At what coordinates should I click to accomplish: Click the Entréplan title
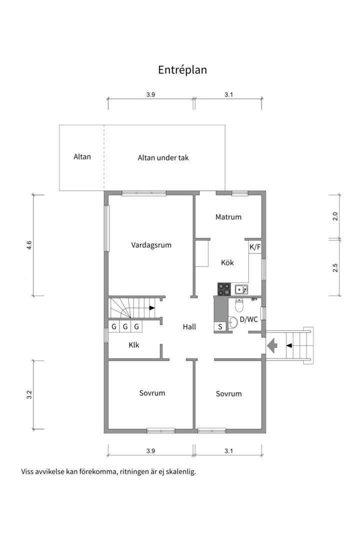tap(182, 70)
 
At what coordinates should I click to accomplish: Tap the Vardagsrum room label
tap(151, 245)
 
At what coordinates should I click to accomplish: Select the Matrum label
tap(228, 217)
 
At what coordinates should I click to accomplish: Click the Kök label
tap(227, 263)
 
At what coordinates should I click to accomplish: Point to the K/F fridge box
tap(255, 247)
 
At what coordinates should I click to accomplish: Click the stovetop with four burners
tap(224, 289)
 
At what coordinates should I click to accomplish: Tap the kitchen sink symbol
tap(241, 289)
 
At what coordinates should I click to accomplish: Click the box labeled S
tap(220, 326)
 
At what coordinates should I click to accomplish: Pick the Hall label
tap(189, 327)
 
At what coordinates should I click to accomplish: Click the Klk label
tap(134, 344)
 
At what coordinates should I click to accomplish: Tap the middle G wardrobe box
tap(125, 326)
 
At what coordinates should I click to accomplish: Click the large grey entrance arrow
tap(272, 346)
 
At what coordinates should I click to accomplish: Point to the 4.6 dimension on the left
tap(29, 245)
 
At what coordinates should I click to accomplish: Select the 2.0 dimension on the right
tap(335, 216)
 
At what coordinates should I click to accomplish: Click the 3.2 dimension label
tap(29, 394)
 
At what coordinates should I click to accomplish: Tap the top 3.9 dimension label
tap(150, 94)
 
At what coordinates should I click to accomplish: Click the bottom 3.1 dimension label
tap(228, 451)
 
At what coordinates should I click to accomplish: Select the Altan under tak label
tap(163, 157)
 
